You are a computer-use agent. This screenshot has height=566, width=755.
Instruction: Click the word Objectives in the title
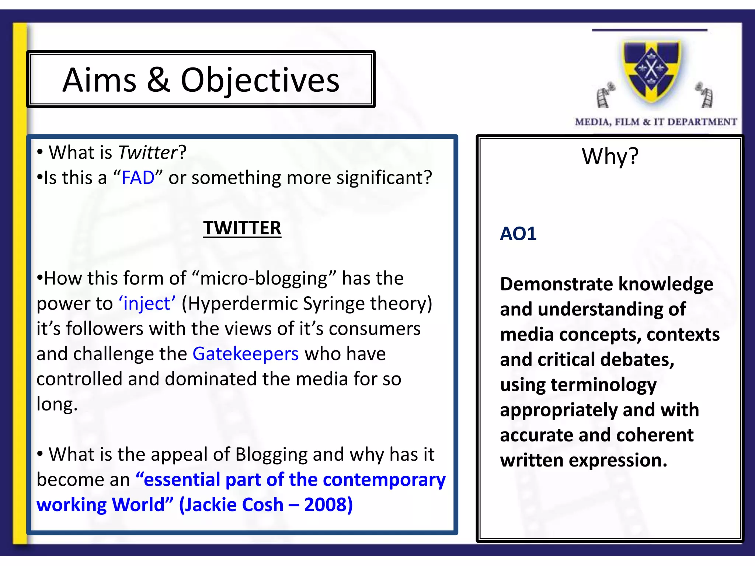click(x=260, y=80)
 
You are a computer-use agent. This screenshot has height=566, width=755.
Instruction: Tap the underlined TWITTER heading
click(x=242, y=228)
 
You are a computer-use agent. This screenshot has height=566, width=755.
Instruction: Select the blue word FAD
click(x=138, y=178)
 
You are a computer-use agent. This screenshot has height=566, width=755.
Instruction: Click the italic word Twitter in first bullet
click(x=148, y=153)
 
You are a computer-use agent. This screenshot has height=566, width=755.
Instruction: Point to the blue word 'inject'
click(x=147, y=304)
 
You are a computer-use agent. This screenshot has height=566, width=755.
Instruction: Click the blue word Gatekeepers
click(x=246, y=354)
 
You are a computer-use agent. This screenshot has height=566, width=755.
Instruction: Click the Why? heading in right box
click(x=610, y=156)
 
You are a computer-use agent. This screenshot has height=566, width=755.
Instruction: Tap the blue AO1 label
click(x=518, y=234)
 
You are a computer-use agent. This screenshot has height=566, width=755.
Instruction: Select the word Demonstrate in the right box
click(x=556, y=284)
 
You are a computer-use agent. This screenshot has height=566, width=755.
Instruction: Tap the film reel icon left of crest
click(x=604, y=95)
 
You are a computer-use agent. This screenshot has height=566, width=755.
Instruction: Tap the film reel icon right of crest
click(x=705, y=95)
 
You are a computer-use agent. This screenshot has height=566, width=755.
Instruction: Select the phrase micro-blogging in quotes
click(x=264, y=279)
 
